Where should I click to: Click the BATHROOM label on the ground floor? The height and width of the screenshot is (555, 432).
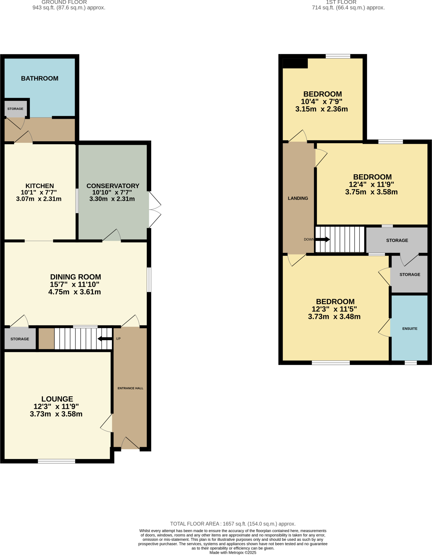40,78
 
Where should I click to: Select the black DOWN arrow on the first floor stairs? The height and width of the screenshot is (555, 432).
323,239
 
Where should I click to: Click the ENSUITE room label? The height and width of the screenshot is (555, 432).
409,328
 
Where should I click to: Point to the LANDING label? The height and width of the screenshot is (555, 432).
298,198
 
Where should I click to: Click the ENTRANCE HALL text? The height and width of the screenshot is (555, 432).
130,388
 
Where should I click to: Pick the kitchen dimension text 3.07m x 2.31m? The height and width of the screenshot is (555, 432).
39,199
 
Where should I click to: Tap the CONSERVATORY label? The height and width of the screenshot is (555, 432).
113,186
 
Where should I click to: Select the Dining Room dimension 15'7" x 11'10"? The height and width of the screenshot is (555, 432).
75,284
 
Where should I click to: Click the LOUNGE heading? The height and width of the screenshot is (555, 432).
57,399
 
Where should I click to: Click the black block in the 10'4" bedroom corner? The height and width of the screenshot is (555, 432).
295,63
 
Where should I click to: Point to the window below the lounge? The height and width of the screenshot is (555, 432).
56,461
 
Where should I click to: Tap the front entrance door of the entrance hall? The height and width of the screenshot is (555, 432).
130,443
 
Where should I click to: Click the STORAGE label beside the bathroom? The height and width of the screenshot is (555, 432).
15,109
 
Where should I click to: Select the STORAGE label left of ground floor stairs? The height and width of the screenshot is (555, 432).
20,339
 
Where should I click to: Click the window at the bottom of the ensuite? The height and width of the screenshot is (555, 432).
411,363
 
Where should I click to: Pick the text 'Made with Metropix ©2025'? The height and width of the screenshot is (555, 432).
233,553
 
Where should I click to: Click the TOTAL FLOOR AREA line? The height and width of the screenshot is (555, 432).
233,524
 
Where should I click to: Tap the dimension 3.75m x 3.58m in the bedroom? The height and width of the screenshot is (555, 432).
371,192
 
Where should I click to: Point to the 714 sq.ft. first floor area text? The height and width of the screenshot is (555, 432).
348,8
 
